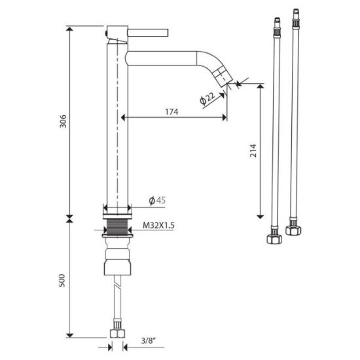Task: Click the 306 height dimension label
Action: click(63, 121)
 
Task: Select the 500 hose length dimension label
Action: click(62, 280)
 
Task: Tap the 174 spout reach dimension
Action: click(171, 112)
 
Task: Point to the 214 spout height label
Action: click(253, 151)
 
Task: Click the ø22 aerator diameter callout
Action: click(207, 98)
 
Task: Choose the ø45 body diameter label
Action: click(157, 200)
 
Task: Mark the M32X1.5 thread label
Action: click(158, 225)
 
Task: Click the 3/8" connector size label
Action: click(149, 341)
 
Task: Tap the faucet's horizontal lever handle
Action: click(148, 33)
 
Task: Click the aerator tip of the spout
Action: click(223, 77)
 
